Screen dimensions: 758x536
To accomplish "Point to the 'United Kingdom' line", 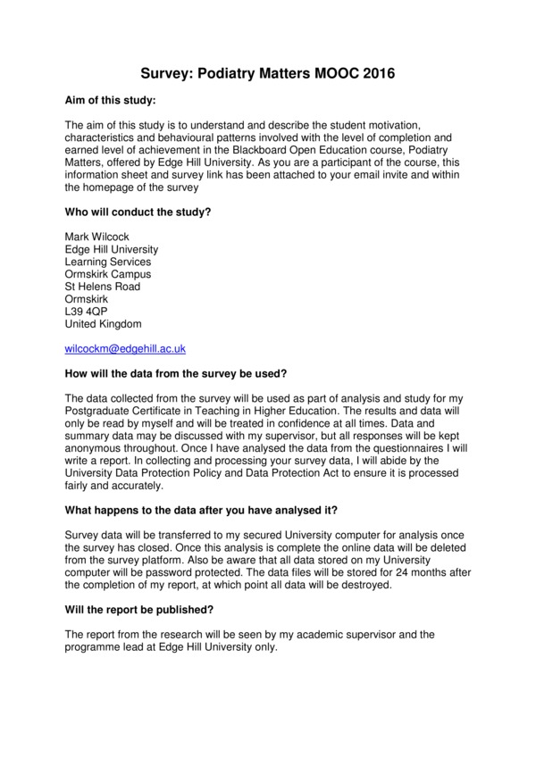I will pos(103,324).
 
